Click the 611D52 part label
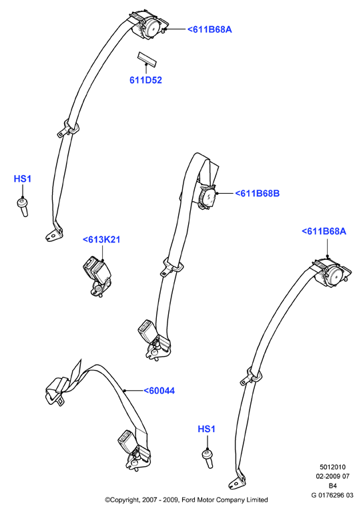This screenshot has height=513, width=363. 145,80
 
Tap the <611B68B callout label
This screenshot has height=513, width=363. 258,193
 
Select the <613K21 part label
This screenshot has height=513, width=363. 101,240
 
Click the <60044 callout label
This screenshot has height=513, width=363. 159,391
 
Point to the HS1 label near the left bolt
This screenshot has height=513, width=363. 23,179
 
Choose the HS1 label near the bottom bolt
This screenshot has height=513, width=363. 206,429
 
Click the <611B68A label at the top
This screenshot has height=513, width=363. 210,29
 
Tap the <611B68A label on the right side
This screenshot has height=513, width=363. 324,231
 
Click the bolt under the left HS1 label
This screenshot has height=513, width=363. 23,207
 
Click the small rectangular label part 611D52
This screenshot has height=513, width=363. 146,58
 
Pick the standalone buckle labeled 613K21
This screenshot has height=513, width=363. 96,275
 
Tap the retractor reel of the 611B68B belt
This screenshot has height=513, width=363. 207,197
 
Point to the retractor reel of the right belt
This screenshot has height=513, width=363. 332,274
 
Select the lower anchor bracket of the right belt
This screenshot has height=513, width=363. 237,482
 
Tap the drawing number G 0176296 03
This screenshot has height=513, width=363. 332,496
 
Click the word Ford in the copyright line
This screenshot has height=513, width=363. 188,500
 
